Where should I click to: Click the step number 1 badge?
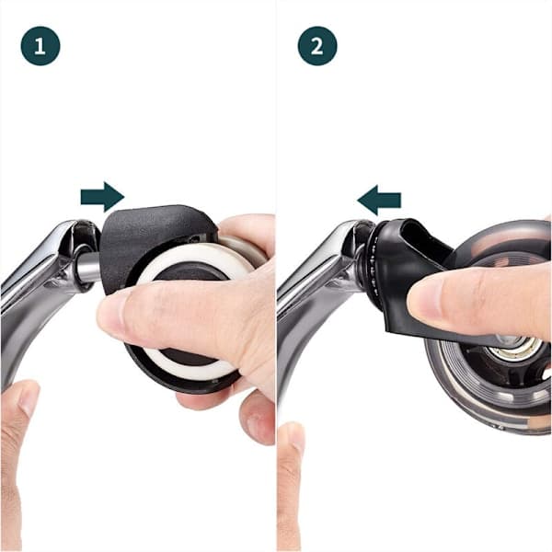click(x=40, y=46)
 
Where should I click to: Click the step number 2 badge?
click(x=317, y=46)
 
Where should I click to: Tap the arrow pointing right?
click(x=102, y=197)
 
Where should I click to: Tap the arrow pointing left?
click(x=379, y=200)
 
